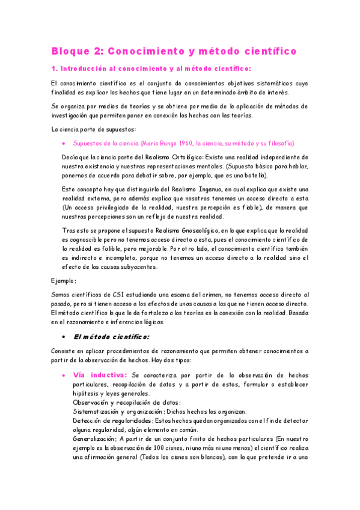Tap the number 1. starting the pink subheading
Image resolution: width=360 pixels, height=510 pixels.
tap(54, 69)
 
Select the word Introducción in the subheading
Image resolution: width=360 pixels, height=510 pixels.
tap(81, 69)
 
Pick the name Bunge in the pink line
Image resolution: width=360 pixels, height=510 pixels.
tap(160, 144)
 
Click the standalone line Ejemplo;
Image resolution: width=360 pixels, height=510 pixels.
tap(64, 280)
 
